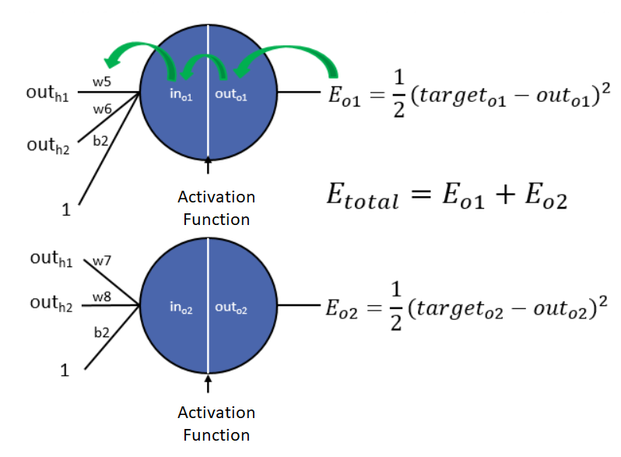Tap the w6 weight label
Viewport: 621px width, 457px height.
103,111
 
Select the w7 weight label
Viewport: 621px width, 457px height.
102,261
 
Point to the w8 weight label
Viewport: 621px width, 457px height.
102,297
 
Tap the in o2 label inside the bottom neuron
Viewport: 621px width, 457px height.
181,308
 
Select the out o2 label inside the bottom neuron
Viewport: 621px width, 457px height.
231,308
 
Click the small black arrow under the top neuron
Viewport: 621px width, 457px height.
208,166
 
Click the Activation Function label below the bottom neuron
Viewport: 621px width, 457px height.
216,423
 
